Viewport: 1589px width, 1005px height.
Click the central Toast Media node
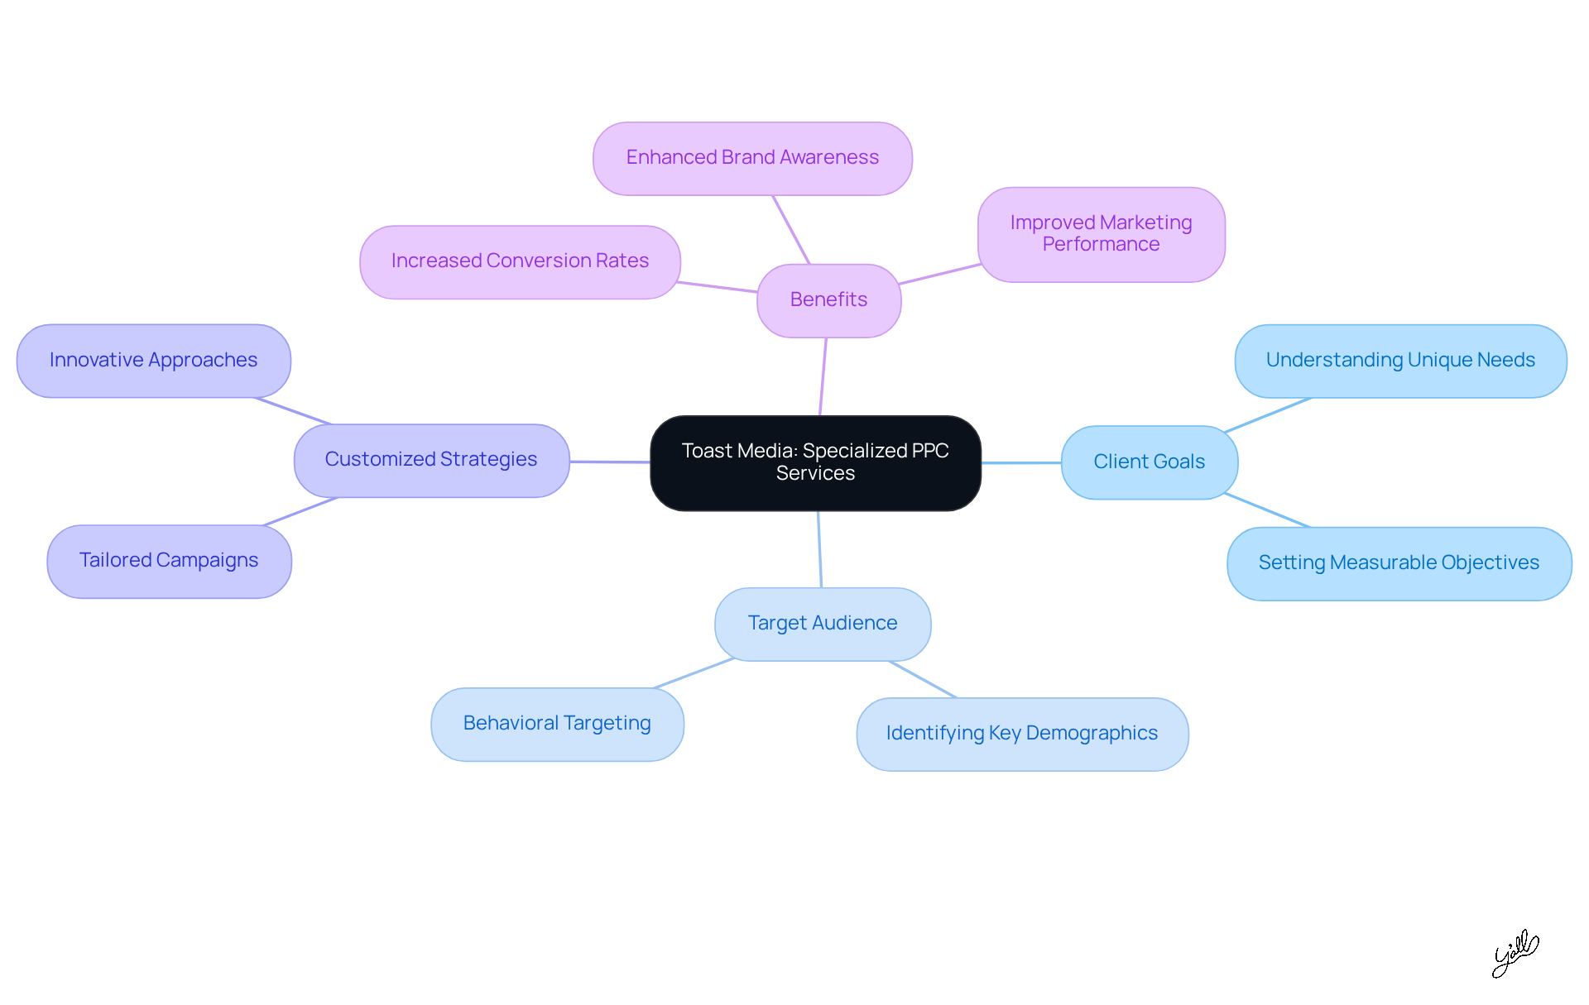point(815,462)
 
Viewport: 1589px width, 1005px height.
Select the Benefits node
point(828,299)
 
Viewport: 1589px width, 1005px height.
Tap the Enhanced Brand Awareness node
point(752,158)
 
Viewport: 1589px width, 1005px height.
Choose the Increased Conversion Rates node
point(520,261)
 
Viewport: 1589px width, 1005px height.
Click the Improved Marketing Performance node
point(1101,234)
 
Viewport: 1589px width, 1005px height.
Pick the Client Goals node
point(1149,462)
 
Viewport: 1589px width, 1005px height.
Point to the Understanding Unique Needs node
point(1400,361)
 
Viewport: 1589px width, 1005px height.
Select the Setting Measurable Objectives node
point(1399,563)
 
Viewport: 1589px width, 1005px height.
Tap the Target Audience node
point(822,624)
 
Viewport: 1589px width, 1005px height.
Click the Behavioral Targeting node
point(557,724)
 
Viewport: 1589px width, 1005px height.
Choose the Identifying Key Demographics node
point(1021,734)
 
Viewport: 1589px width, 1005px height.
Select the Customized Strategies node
point(431,460)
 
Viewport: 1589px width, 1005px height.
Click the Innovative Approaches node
point(153,361)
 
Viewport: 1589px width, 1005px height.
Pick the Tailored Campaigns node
point(169,561)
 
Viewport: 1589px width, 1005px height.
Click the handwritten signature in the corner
point(1515,953)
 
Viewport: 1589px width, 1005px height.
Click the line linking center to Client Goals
point(1021,463)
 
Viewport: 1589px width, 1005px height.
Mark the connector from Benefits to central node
point(823,376)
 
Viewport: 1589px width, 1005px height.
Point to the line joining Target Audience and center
point(819,549)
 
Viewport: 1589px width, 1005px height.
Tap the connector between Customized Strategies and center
point(610,462)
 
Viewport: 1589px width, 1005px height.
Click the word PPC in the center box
point(929,451)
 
